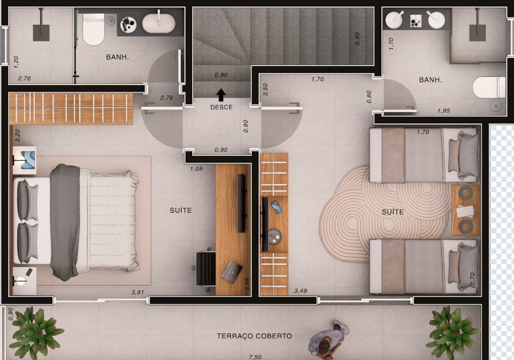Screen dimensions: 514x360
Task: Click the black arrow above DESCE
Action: point(221,95)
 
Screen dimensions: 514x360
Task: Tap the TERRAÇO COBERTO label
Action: point(255,336)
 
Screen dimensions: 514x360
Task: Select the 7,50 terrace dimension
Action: point(256,357)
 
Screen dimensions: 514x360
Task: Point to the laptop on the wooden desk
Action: point(232,271)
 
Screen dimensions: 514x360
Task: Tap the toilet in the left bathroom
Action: point(93,29)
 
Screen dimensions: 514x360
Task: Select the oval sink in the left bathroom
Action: point(159,24)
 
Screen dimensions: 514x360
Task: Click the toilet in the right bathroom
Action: point(489,88)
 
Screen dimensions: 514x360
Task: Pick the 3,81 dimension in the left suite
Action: point(138,292)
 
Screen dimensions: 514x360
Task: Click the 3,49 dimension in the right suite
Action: point(301,291)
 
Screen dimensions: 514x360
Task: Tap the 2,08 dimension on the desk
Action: point(247,284)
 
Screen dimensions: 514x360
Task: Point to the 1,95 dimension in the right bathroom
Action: point(444,111)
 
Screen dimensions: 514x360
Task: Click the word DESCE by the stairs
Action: point(221,107)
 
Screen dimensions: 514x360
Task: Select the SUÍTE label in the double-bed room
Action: point(181,210)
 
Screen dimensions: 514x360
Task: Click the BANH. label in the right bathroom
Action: point(430,80)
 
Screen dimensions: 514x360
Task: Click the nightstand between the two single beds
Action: point(466,211)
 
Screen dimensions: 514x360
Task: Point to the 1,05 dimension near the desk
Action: point(196,169)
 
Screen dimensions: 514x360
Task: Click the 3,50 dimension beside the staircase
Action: point(265,90)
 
